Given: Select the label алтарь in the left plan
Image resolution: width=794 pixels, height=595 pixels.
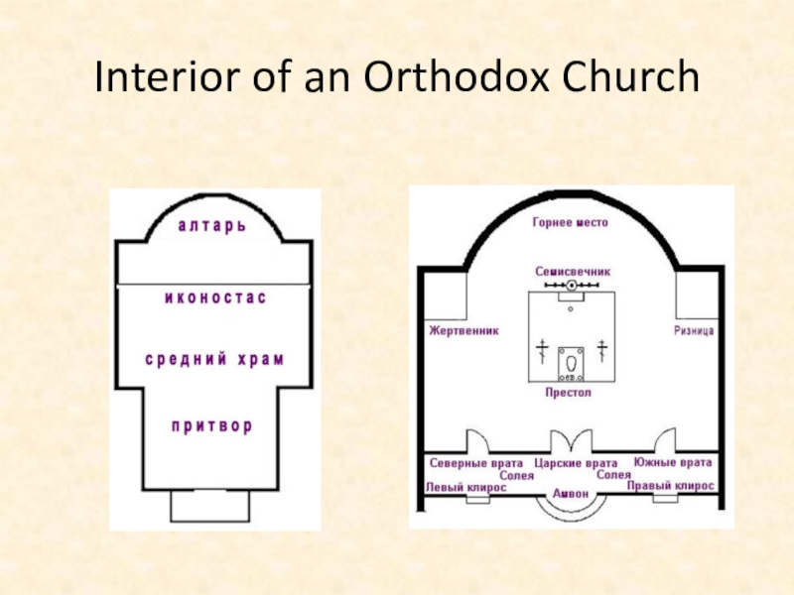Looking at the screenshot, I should pos(212,226).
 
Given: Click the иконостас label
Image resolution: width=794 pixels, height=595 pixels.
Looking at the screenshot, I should pos(215,297).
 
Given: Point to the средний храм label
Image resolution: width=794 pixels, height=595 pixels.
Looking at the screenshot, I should pos(215,359).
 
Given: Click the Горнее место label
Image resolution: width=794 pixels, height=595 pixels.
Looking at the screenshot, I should pos(570,223).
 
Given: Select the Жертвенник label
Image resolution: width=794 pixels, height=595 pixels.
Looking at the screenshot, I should pos(463,329).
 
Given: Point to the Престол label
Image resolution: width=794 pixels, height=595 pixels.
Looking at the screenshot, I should pos(569,393).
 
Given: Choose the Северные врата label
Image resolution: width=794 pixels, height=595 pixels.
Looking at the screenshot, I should pos(476,463).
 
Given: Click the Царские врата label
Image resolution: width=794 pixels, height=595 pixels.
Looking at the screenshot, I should pos(576,463).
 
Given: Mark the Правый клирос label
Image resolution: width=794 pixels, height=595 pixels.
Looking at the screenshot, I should pos(676,487).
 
